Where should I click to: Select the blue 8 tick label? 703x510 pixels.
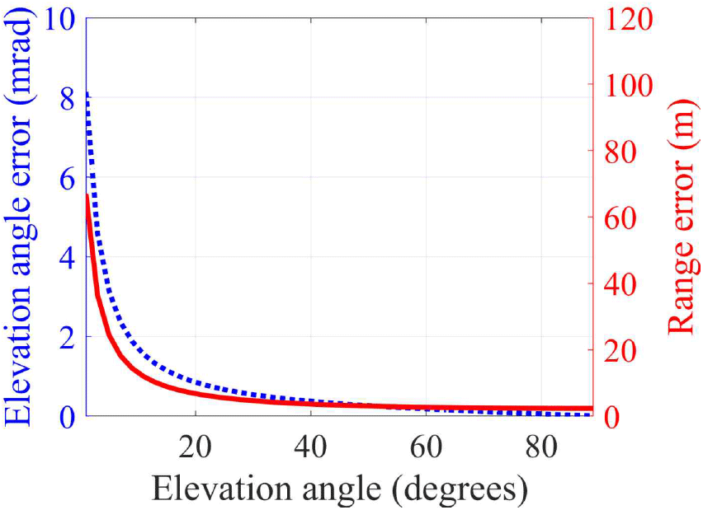(68, 97)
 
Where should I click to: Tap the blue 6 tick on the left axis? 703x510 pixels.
(68, 177)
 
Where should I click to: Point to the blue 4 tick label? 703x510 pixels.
(68, 257)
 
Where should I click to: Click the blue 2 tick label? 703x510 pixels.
(68, 336)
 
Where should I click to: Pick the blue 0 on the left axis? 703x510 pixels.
(68, 416)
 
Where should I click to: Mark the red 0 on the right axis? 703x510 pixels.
(611, 416)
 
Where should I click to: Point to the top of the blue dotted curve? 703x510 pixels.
(87, 95)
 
